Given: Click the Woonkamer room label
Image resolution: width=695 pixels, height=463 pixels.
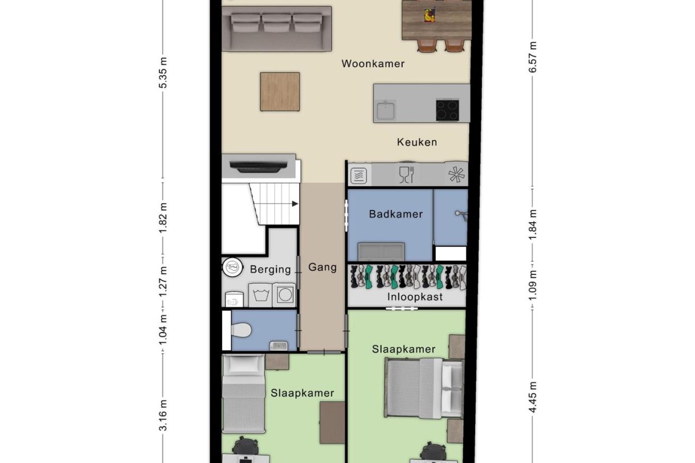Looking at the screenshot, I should [x=373, y=63].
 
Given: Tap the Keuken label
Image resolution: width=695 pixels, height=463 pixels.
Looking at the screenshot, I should [x=416, y=142].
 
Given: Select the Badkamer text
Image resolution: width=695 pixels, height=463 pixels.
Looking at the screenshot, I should [x=395, y=214].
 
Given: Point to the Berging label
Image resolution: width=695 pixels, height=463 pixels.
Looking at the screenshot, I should [x=270, y=269].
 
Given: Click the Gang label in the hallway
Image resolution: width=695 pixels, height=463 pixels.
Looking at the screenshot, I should [x=322, y=267].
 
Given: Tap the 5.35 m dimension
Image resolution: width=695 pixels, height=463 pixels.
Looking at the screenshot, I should [x=163, y=72].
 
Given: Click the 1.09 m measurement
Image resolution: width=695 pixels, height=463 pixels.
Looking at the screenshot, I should [x=532, y=284].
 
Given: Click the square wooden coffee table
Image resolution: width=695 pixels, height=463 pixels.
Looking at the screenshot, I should [x=280, y=92].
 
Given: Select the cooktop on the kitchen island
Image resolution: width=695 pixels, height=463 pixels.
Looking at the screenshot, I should [x=448, y=110].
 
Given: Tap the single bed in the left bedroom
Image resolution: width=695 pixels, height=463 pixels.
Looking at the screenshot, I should [x=243, y=393].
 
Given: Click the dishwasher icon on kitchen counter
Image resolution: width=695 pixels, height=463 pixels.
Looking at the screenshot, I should [x=406, y=174].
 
